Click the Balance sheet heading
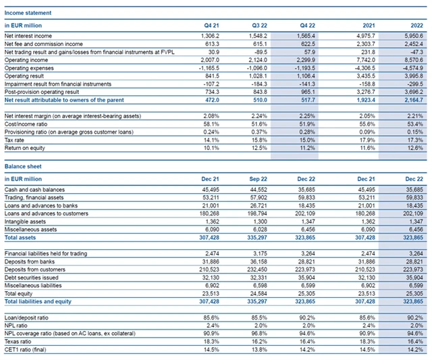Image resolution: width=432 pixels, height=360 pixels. coord(20,165)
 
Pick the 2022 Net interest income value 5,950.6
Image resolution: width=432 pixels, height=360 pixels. coord(410,34)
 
